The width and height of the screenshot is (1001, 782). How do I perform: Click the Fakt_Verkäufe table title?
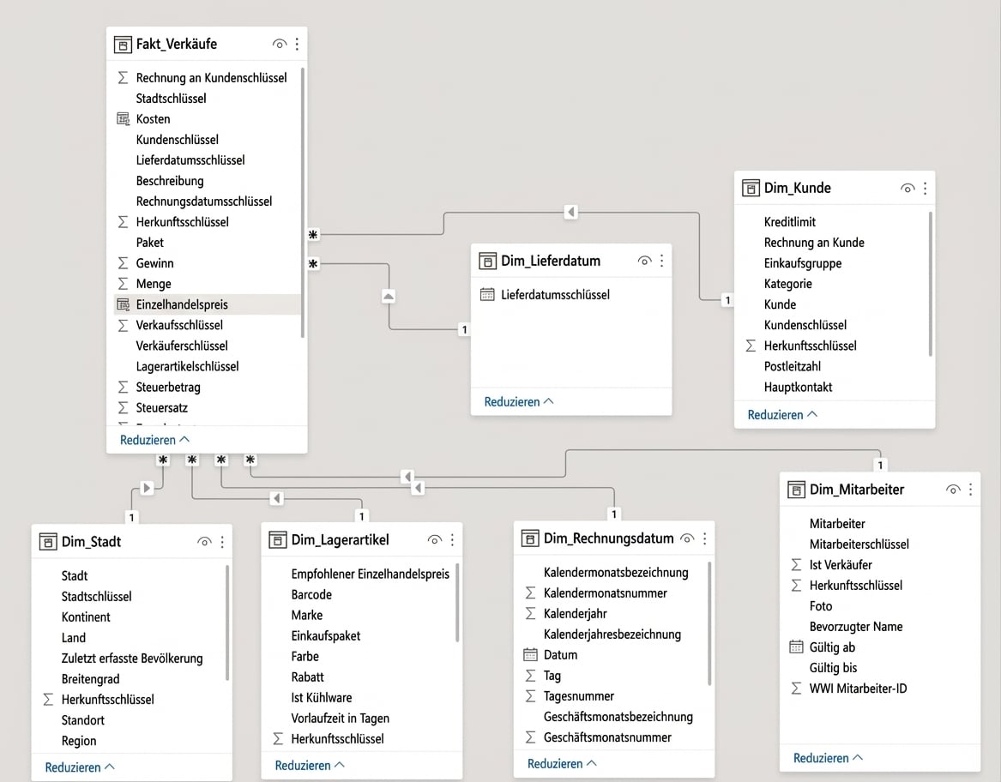coord(176,44)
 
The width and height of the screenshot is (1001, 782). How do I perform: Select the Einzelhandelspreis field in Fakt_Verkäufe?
coord(182,304)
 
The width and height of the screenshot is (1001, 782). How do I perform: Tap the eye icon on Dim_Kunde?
coord(908,189)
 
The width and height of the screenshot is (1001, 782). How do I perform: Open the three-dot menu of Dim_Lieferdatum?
coord(662,261)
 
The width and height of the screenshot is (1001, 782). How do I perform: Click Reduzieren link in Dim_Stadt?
coord(73,767)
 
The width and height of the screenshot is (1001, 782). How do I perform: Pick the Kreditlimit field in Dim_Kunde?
coord(790,222)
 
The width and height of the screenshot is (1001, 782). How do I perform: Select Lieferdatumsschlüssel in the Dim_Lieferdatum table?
coord(556,295)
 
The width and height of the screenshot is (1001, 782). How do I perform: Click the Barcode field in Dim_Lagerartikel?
coord(311,595)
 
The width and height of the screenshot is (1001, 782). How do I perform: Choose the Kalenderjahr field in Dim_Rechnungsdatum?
coord(576,614)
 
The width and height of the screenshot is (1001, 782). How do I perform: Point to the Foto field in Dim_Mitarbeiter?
coord(821,606)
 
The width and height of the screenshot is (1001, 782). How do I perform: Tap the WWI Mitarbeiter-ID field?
coord(858,689)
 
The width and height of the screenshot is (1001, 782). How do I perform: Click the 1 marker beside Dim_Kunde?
coord(727,300)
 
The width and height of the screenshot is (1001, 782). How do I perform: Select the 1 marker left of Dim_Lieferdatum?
coord(464,329)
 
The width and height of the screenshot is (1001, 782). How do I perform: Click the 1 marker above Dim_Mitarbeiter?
coord(880,466)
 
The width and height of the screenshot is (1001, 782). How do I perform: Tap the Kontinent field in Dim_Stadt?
coord(86,617)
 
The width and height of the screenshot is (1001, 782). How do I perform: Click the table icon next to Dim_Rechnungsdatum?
coord(530,538)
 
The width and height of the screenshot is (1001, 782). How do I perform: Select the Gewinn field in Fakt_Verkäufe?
coord(154,263)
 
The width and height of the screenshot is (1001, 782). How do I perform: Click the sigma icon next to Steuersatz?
coord(124,407)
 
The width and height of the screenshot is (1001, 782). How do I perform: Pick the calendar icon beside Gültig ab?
coord(796,647)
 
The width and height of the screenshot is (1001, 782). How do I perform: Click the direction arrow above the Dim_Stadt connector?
coord(147,488)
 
